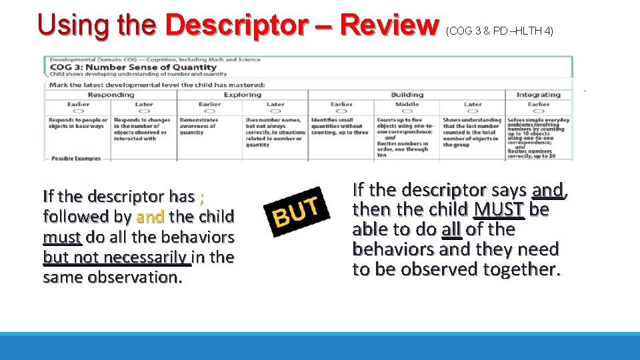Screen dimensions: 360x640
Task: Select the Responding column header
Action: pos(111,95)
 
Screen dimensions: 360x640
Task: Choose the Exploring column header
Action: pos(242,95)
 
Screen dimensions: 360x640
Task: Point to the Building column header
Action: pos(407,95)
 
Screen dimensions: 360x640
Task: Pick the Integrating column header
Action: pos(538,95)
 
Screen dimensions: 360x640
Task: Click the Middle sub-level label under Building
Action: pos(407,104)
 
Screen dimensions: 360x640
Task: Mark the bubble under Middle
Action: pos(407,111)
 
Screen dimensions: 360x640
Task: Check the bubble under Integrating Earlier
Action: pos(538,111)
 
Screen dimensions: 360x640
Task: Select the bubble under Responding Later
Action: pos(143,111)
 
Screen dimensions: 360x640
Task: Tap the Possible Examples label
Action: pos(76,158)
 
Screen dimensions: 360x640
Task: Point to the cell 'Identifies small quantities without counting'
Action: pos(339,126)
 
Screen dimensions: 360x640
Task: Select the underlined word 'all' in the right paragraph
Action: pos(451,229)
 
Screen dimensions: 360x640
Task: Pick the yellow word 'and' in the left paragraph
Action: pos(149,217)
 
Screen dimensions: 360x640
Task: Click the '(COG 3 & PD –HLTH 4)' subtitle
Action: pos(500,31)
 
